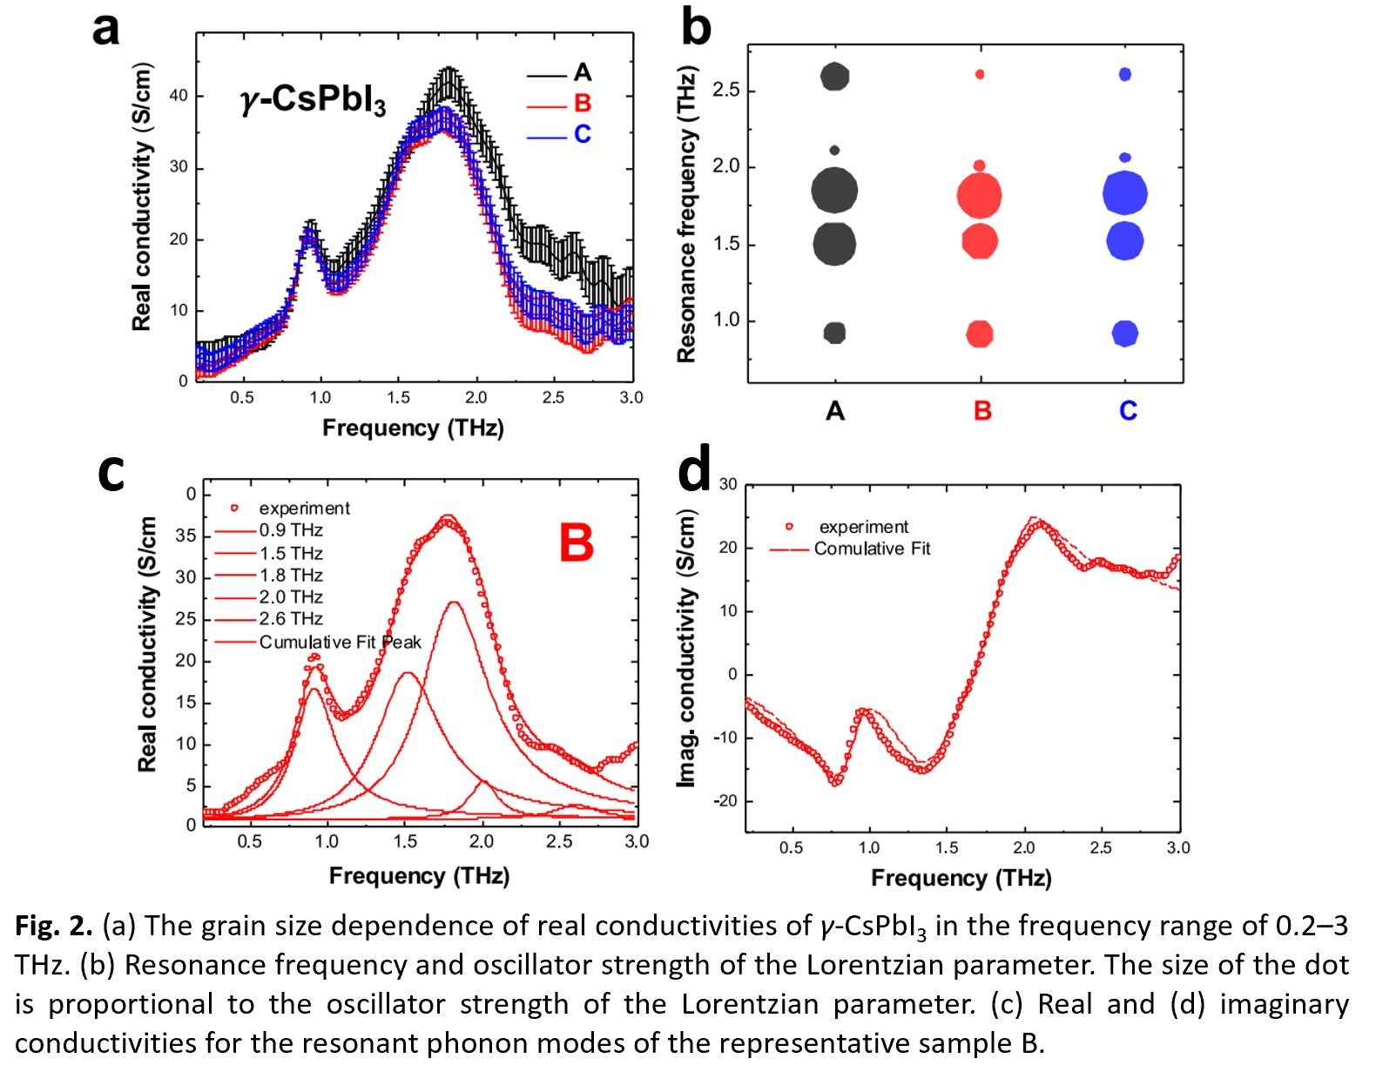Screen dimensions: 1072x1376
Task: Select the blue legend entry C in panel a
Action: [x=582, y=134]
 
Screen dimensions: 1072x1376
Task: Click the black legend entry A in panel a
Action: [x=582, y=73]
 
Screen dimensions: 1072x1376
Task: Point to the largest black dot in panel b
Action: [x=834, y=190]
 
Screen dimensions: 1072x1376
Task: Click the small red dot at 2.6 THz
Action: [x=980, y=75]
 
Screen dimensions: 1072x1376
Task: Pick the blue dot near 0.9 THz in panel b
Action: [x=1125, y=334]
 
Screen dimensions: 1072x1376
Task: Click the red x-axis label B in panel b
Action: [x=981, y=411]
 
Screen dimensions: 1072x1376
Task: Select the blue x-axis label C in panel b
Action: [x=1127, y=411]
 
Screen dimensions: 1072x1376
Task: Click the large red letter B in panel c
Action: [x=576, y=543]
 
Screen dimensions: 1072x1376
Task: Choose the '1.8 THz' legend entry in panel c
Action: [x=291, y=576]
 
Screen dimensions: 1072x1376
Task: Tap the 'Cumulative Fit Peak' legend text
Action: [x=340, y=643]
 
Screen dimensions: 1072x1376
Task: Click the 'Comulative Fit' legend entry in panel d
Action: [x=872, y=549]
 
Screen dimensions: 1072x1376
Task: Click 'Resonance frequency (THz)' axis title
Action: [x=686, y=214]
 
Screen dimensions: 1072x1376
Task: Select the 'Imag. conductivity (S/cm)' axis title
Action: [x=688, y=649]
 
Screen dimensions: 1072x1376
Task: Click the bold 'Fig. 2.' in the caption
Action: [x=53, y=927]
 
